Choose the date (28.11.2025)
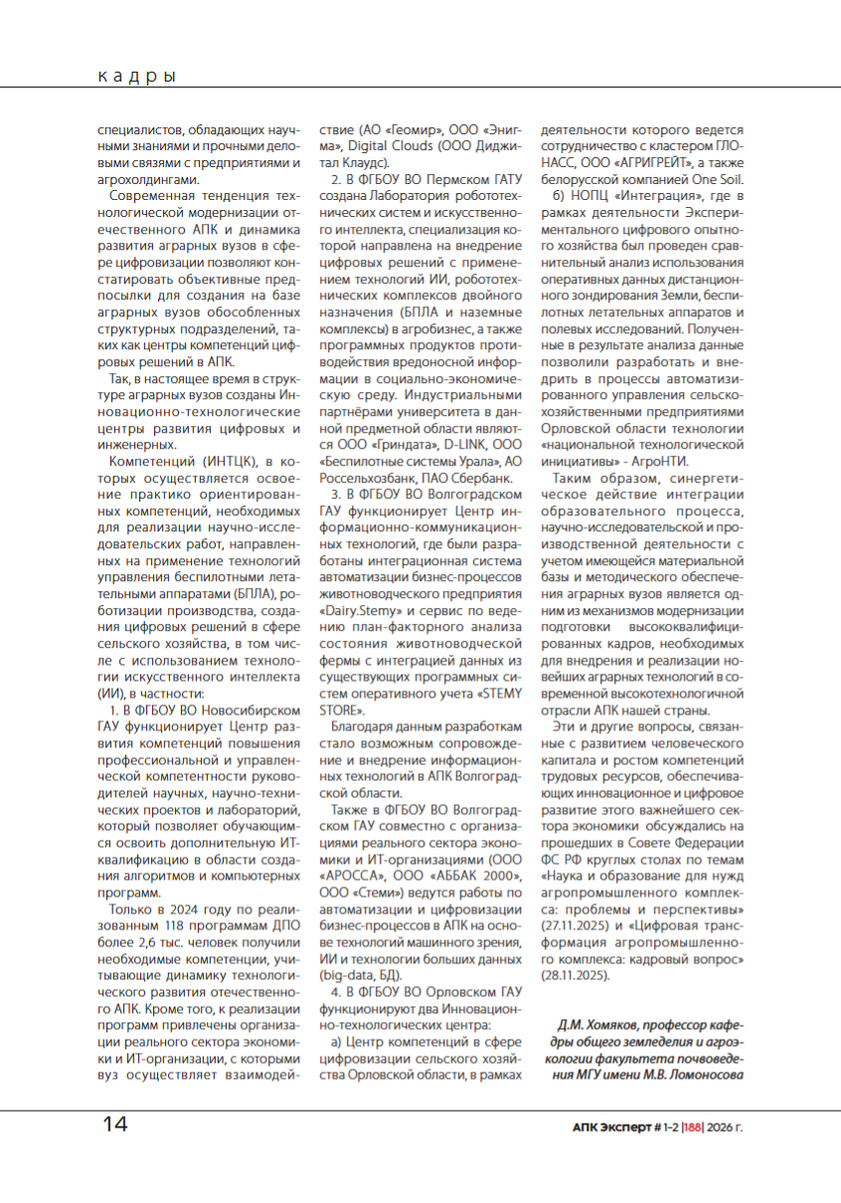[x=576, y=976]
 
